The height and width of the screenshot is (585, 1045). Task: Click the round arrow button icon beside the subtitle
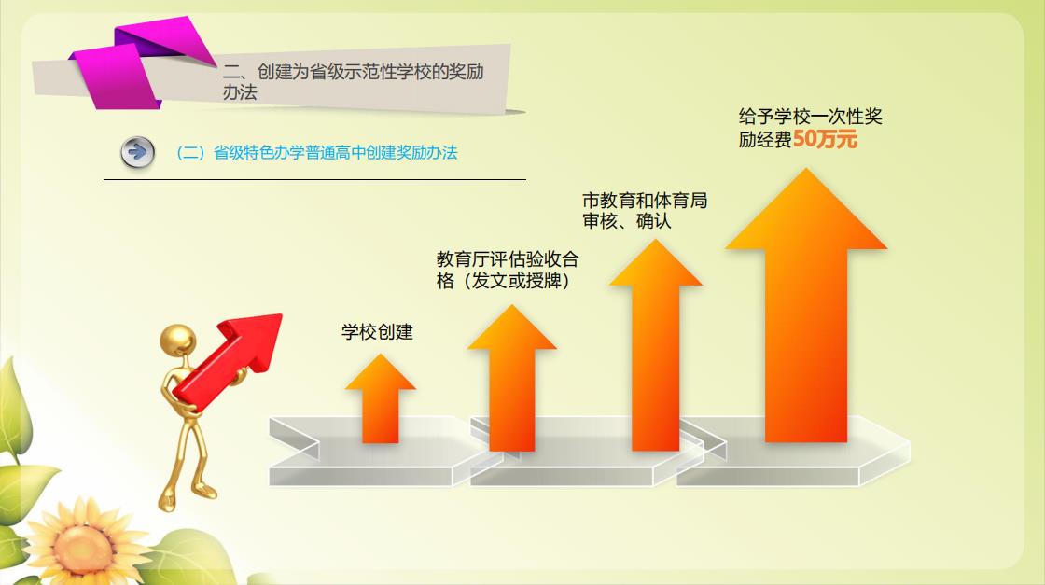pos(137,153)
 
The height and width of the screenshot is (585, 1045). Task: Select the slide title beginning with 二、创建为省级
pos(354,81)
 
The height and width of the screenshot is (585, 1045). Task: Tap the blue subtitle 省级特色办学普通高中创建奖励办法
pos(335,153)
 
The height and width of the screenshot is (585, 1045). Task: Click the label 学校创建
pos(377,332)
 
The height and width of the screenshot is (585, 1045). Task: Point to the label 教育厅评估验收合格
pos(508,270)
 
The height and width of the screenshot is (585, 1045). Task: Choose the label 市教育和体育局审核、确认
pos(645,211)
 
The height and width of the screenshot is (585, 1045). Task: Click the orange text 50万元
pos(825,139)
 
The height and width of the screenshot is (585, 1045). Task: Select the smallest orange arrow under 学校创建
pos(380,398)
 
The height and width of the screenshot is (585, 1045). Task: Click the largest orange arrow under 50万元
pos(806,305)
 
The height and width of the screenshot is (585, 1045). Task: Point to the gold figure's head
pos(178,342)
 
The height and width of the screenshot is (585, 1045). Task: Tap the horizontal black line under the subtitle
pos(314,179)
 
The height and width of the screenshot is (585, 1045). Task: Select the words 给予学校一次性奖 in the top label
pos(811,117)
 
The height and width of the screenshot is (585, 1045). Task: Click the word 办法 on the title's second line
pos(240,92)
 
